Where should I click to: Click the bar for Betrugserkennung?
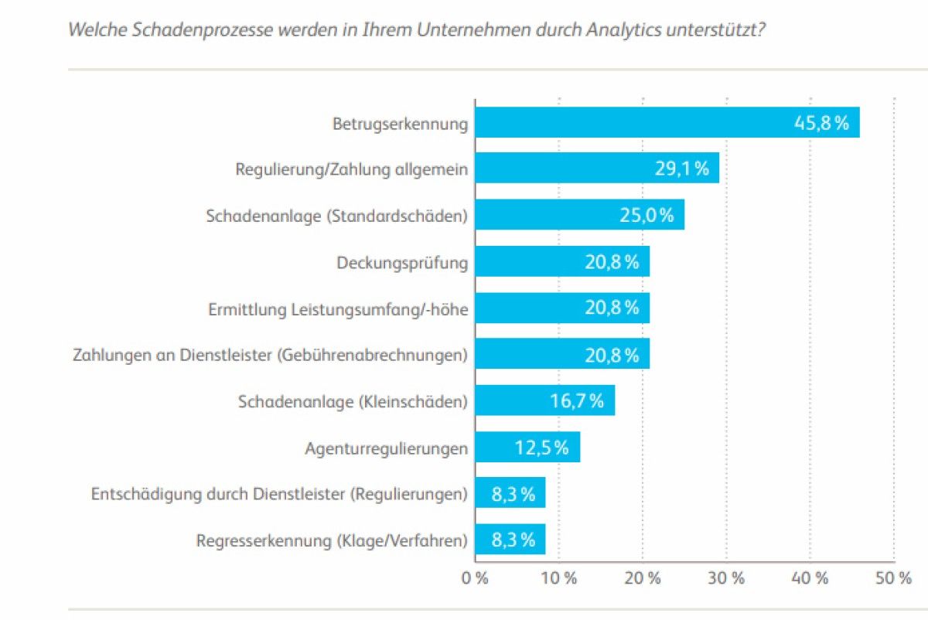click(x=634, y=123)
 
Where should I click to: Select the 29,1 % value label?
click(x=681, y=169)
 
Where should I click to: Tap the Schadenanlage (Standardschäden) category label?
click(x=337, y=216)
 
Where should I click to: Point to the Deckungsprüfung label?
click(x=402, y=263)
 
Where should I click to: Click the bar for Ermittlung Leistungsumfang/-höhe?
click(x=541, y=308)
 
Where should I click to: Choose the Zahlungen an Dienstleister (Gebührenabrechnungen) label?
click(x=271, y=356)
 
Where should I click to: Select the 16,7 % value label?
click(x=576, y=401)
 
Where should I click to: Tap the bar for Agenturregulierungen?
click(x=503, y=448)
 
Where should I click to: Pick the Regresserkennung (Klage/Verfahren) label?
click(x=333, y=540)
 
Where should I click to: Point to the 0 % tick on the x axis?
click(x=475, y=578)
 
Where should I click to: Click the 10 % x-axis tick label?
click(x=558, y=578)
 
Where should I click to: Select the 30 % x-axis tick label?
click(x=726, y=578)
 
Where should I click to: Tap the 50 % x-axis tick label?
click(x=894, y=578)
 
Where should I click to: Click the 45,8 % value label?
click(x=822, y=123)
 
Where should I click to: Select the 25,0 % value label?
click(x=647, y=216)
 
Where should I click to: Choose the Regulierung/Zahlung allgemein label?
click(x=352, y=169)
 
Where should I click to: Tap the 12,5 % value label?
click(x=541, y=448)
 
